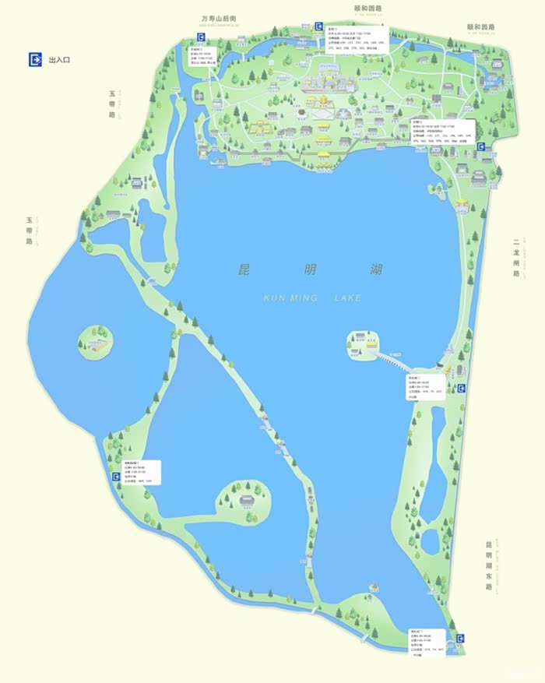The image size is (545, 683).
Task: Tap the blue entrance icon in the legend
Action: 35,60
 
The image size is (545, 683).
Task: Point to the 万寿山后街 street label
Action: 219,17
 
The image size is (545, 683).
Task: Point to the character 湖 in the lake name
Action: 376,271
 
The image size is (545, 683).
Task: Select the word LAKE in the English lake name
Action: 347,297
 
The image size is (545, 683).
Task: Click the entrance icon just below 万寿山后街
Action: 203,36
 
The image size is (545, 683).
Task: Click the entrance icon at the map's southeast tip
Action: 461,639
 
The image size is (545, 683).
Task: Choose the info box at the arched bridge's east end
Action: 424,387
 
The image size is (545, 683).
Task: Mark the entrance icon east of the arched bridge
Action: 461,388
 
